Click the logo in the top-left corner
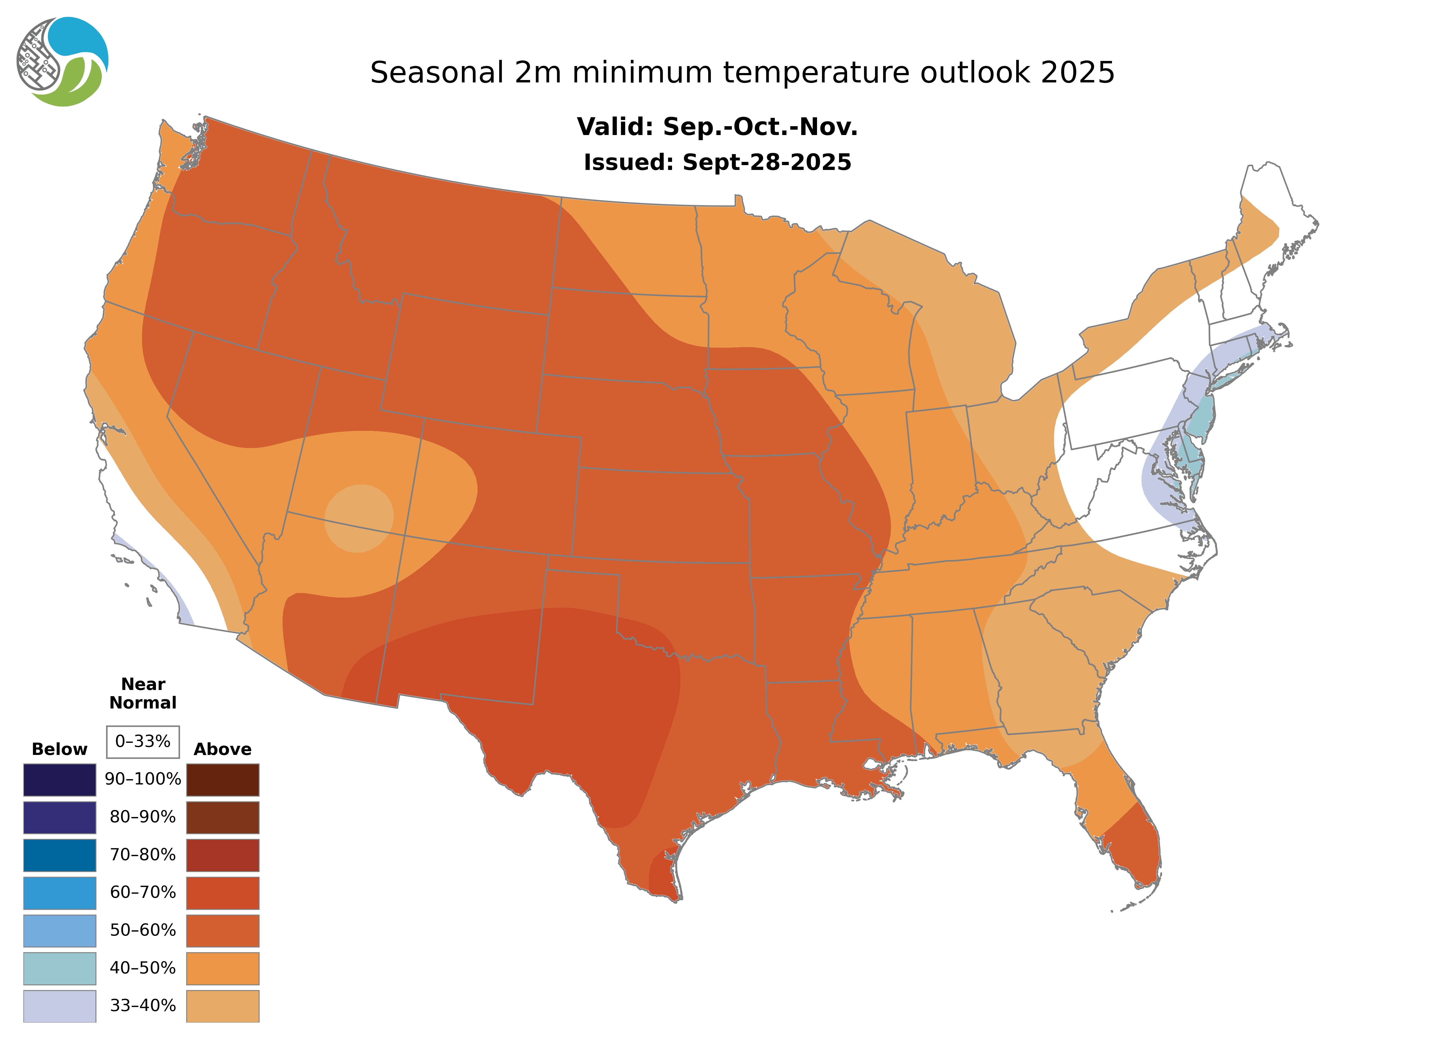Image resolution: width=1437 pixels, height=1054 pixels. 63,62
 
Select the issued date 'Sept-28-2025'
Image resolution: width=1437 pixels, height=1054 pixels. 767,163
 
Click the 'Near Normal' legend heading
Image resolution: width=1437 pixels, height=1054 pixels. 143,693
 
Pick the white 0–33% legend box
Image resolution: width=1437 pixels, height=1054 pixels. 143,742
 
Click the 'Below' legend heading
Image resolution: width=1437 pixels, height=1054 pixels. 59,749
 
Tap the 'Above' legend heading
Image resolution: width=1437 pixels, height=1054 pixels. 223,749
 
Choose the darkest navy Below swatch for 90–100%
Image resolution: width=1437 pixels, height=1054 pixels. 59,780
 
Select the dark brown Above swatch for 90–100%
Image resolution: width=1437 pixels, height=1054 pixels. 223,780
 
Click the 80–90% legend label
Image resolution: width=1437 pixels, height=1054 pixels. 143,817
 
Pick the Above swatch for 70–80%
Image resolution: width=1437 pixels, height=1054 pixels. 223,855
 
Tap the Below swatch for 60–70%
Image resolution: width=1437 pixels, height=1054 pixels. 59,893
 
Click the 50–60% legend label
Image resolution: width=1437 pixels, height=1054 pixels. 143,930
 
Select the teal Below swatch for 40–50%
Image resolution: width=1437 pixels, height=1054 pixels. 59,968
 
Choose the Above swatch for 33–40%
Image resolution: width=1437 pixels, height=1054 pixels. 223,1005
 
